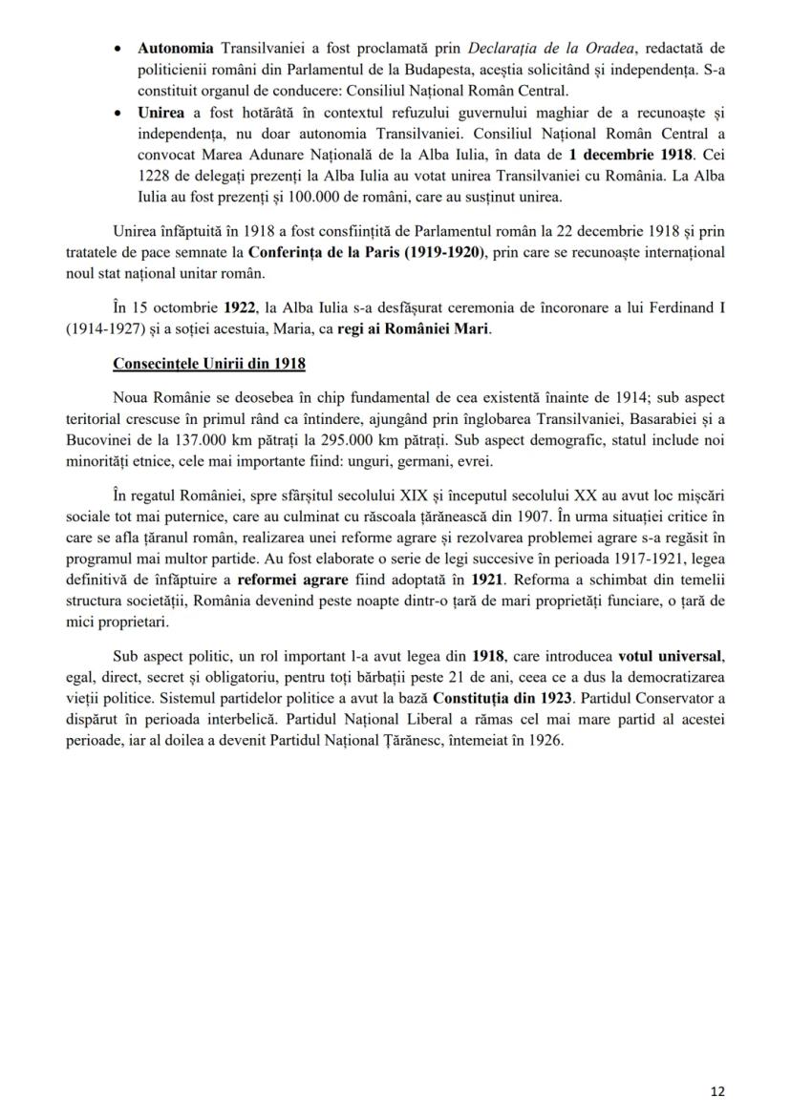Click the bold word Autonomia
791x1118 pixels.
coord(176,48)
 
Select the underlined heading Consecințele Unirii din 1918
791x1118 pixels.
coord(208,368)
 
